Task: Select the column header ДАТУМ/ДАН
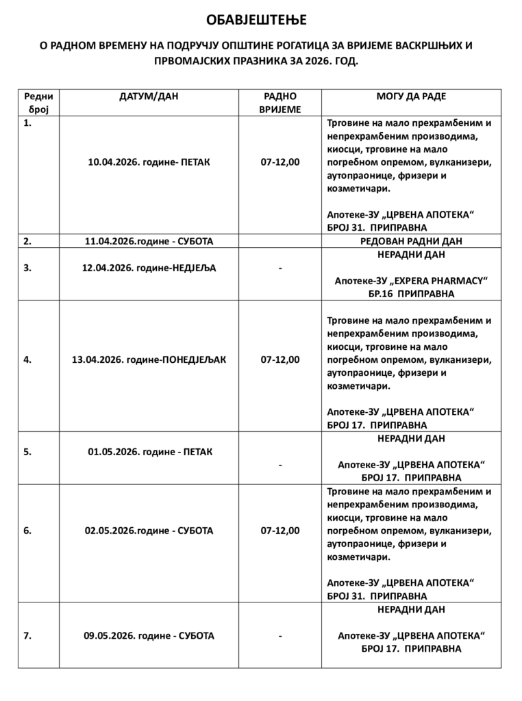click(x=149, y=97)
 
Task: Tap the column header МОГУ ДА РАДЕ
click(x=411, y=97)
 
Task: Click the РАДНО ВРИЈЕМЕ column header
click(x=279, y=103)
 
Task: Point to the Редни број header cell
click(x=38, y=103)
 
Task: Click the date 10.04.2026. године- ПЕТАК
click(x=149, y=162)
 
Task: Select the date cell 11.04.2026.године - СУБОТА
click(x=149, y=241)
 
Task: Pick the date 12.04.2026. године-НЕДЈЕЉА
click(x=149, y=268)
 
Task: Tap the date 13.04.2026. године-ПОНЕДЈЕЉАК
click(x=149, y=359)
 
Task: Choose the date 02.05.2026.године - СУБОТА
click(x=149, y=531)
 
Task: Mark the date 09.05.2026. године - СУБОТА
click(x=149, y=635)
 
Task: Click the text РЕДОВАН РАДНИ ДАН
click(x=411, y=241)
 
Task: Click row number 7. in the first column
click(x=27, y=635)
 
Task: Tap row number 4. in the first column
click(x=27, y=359)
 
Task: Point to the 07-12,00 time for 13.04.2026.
click(x=279, y=359)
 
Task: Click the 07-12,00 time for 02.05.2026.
click(x=279, y=531)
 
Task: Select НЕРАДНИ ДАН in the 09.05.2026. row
click(x=411, y=609)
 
